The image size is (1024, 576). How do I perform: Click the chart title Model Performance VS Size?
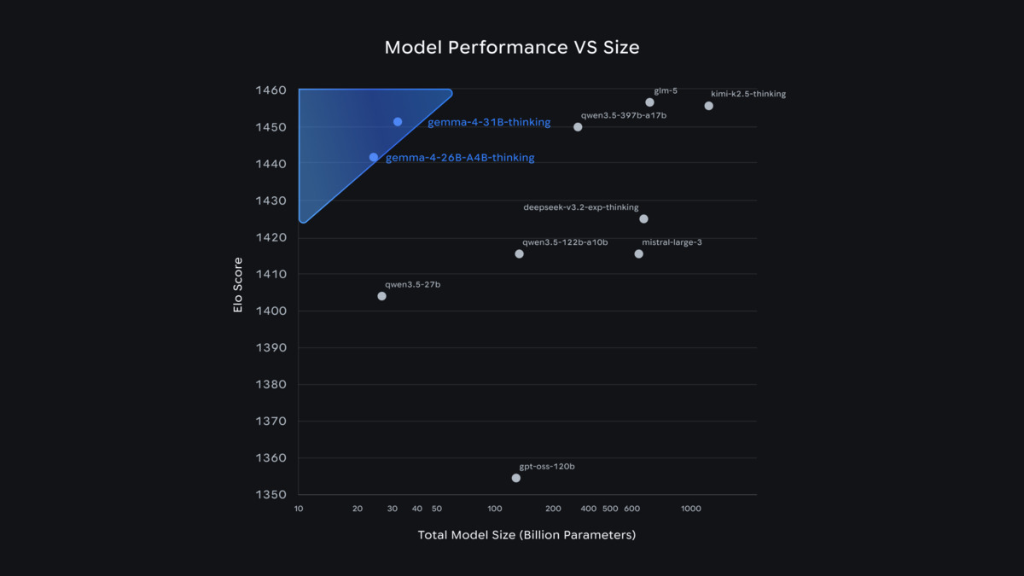coord(511,47)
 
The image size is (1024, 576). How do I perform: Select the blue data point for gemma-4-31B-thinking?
coord(398,122)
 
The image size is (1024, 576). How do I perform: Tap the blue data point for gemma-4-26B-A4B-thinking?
coord(374,157)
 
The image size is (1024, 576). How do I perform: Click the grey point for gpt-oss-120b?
coord(516,478)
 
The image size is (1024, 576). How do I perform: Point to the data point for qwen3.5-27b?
coord(381,296)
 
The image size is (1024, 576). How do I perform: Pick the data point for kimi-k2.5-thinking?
coord(708,106)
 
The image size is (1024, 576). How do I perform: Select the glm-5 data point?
coord(649,102)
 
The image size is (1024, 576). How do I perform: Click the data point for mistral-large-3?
coord(638,254)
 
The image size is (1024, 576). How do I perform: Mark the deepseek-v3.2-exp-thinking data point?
coord(643,219)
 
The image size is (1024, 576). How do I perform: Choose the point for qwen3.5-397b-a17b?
coord(578,127)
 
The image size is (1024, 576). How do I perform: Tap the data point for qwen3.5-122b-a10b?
coord(519,254)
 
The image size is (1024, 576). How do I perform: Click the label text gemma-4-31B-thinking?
coord(489,123)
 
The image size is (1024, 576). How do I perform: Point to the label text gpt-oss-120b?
coord(547,467)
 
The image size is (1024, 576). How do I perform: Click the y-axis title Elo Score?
coord(238,285)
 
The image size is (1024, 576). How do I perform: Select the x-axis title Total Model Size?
coord(527,535)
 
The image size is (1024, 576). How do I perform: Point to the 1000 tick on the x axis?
coord(690,509)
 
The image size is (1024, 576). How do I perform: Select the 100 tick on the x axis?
coord(495,509)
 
